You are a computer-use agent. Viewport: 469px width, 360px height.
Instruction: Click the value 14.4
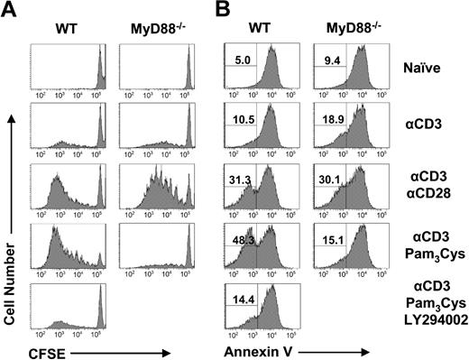[241, 297]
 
